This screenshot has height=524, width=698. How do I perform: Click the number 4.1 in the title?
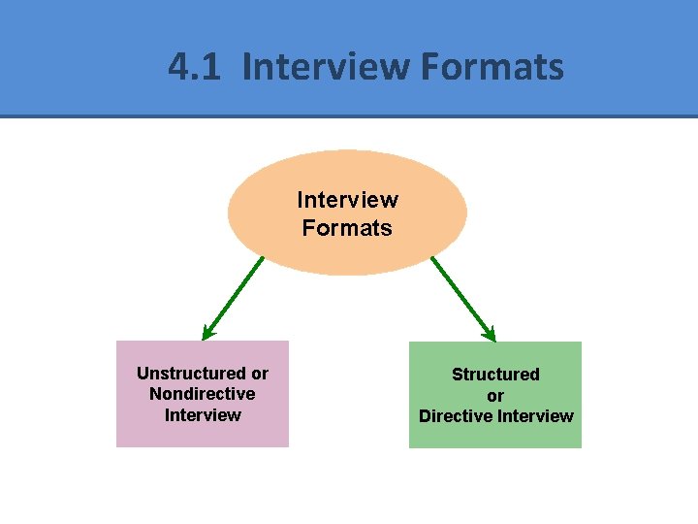pos(197,67)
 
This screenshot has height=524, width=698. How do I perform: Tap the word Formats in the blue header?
pos(492,67)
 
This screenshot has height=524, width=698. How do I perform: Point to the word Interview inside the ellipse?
pos(347,200)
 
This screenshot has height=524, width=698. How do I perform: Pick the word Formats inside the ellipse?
pos(347,228)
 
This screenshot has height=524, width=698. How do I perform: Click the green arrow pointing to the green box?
pos(462,298)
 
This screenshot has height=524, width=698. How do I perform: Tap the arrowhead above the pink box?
pos(208,332)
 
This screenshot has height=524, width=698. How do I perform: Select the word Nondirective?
pos(203,394)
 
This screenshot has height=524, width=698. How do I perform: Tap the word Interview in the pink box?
pos(203,415)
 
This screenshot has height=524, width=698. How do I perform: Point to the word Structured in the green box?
pos(495,375)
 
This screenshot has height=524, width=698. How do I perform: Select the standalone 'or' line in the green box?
pos(495,396)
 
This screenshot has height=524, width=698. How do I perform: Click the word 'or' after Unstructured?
pos(260,374)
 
